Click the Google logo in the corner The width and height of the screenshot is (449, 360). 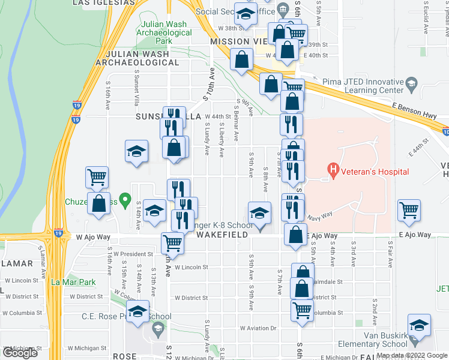click(x=20, y=353)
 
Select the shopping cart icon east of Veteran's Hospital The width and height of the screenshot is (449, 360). click(x=409, y=210)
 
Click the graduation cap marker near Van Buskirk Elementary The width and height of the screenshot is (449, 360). click(x=419, y=325)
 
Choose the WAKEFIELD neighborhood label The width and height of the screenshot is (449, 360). click(x=222, y=235)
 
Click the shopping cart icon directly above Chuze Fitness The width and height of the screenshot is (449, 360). click(x=97, y=177)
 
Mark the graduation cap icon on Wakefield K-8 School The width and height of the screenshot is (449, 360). click(x=259, y=212)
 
